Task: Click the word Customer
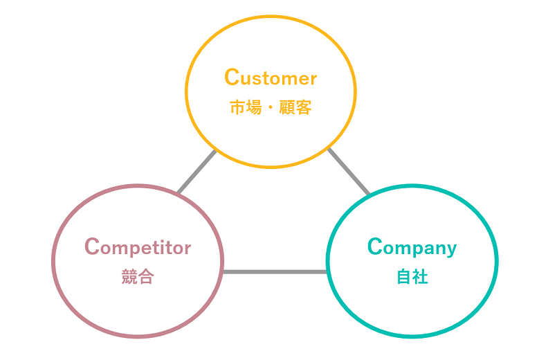tap(271, 78)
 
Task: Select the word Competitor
tap(138, 247)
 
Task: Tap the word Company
tap(412, 247)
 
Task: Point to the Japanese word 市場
tap(245, 108)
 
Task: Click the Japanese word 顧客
tap(295, 108)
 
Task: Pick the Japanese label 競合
tap(138, 277)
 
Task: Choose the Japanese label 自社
tap(412, 277)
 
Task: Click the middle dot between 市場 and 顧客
tap(271, 108)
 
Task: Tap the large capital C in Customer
tap(232, 78)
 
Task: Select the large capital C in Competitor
tap(92, 246)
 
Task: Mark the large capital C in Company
tap(375, 246)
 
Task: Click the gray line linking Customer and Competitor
tap(197, 172)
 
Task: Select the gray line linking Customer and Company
tap(348, 172)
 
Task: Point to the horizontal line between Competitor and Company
tap(275, 271)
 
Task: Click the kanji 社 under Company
tap(421, 277)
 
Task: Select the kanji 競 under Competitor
tap(129, 277)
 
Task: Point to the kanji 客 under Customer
tap(304, 108)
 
